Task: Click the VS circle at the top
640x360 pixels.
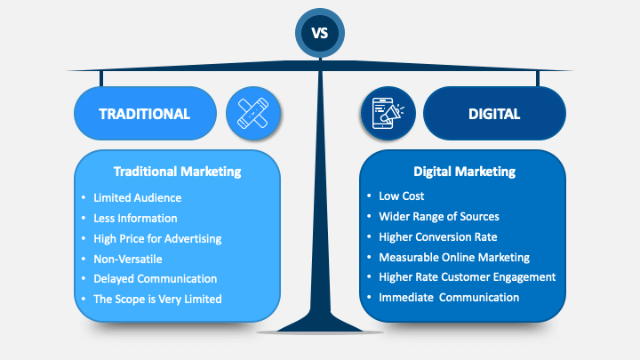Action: coord(320,33)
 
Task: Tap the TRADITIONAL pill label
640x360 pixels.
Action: coord(145,114)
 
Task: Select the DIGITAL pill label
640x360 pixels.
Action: coord(494,114)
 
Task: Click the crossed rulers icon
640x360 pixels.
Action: coord(253,113)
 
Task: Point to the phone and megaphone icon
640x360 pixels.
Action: coord(388,113)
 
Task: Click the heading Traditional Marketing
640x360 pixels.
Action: coord(177,172)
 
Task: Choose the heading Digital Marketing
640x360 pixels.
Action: coord(465,172)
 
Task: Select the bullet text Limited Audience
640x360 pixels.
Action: coord(138,198)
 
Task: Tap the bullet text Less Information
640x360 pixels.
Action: coord(135,219)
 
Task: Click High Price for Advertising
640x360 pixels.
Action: coord(157,239)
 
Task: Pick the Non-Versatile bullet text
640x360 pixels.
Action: coord(128,260)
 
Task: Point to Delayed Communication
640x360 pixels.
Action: coord(155,279)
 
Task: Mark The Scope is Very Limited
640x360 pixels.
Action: coord(157,300)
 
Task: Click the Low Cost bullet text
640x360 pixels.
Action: coord(401,196)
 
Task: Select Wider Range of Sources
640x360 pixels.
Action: coord(439,217)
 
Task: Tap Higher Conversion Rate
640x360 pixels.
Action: coord(438,237)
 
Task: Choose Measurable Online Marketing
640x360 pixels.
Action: coord(454,258)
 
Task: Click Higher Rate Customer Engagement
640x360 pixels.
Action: coord(468,277)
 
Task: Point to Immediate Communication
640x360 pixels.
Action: coord(449,298)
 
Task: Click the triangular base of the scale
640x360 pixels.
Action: coord(320,323)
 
